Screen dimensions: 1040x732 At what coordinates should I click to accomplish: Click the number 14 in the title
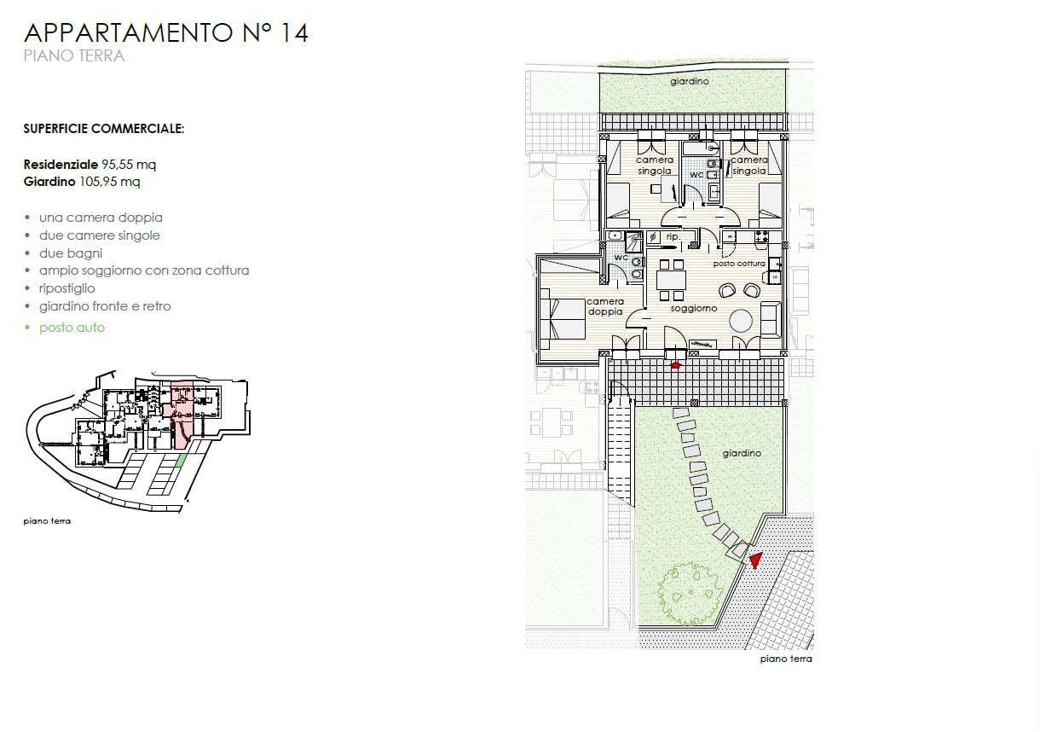(295, 33)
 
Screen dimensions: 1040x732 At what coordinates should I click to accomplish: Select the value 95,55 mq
(129, 165)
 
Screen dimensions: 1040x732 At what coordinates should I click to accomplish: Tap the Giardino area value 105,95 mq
(110, 181)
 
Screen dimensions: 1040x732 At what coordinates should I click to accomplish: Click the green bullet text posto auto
(72, 328)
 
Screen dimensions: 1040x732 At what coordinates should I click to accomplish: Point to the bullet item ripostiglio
(66, 288)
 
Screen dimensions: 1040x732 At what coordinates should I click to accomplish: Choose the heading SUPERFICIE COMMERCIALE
(104, 129)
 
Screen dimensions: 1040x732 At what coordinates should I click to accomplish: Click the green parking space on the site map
(182, 461)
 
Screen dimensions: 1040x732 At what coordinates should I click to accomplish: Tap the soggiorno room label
(694, 308)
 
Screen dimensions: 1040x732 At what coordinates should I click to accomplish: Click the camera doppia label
(605, 306)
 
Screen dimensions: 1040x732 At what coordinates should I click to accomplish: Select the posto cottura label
(739, 264)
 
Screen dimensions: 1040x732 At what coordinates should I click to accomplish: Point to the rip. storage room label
(673, 236)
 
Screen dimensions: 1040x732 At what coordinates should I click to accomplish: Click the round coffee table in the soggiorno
(741, 321)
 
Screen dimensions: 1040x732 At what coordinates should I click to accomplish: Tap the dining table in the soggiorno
(672, 280)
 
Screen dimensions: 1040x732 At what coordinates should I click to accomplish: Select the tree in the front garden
(690, 593)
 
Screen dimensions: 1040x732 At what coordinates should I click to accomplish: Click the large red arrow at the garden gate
(756, 560)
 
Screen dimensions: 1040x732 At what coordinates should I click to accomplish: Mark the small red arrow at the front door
(675, 365)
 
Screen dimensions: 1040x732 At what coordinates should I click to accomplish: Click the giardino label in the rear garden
(690, 81)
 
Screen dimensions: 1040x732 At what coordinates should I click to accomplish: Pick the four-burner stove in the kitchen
(761, 236)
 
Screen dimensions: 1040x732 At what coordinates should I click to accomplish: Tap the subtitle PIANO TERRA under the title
(74, 55)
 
